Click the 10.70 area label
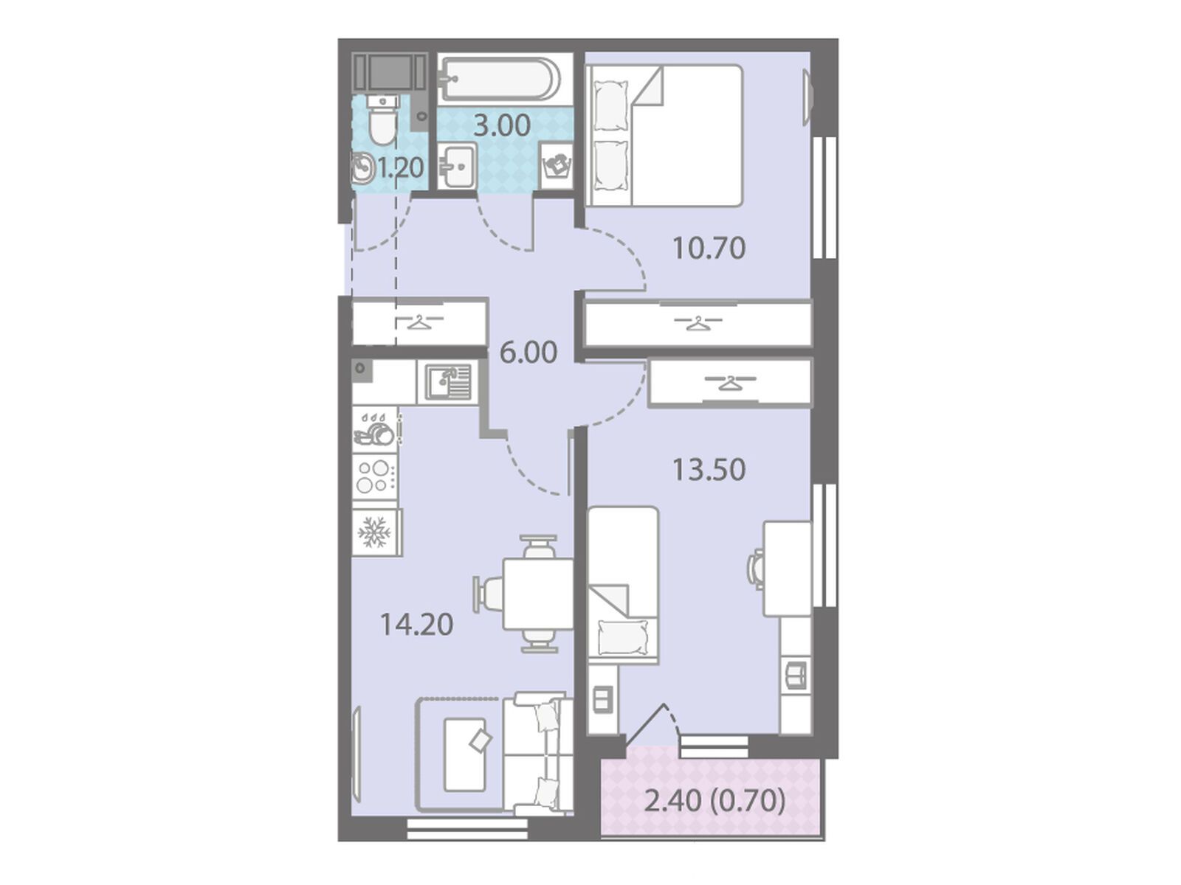pyautogui.click(x=709, y=249)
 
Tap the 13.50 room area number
pyautogui.click(x=709, y=470)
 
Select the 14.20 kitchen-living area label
pyautogui.click(x=416, y=625)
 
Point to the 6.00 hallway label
pyautogui.click(x=528, y=353)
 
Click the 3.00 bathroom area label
pyautogui.click(x=501, y=125)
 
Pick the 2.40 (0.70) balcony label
pyautogui.click(x=715, y=816)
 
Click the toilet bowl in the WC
pyautogui.click(x=382, y=119)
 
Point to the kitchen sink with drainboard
pyautogui.click(x=447, y=382)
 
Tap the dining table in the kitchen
pyautogui.click(x=537, y=594)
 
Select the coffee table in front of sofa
pyautogui.click(x=465, y=755)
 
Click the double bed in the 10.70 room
pyautogui.click(x=664, y=135)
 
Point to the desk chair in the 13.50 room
pyautogui.click(x=757, y=569)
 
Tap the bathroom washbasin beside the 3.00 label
pyautogui.click(x=457, y=165)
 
